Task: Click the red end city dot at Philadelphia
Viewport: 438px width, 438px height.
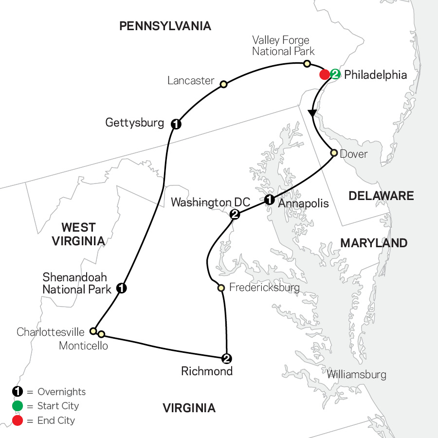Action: click(324, 75)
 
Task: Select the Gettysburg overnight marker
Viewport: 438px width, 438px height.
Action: click(176, 124)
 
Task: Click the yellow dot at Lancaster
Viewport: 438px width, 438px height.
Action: click(223, 84)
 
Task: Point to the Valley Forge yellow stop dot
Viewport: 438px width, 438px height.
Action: click(307, 64)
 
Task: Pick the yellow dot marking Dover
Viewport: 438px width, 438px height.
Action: click(334, 153)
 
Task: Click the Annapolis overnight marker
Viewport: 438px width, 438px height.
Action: click(269, 199)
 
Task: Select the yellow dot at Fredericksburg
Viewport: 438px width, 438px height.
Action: click(221, 288)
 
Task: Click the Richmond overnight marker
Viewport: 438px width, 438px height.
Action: click(226, 359)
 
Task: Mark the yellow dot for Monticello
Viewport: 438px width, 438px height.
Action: click(101, 334)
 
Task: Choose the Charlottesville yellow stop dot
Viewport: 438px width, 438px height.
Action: click(93, 331)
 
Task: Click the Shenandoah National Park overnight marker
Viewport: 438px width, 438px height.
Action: click(122, 289)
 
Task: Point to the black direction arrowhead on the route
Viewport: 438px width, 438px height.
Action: click(313, 113)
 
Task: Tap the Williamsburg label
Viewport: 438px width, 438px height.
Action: click(357, 375)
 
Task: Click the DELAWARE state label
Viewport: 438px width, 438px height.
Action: click(381, 196)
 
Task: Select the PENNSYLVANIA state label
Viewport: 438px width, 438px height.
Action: click(165, 26)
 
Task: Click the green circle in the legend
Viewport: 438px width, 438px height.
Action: click(18, 406)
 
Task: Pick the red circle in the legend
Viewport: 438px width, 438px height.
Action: click(18, 420)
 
